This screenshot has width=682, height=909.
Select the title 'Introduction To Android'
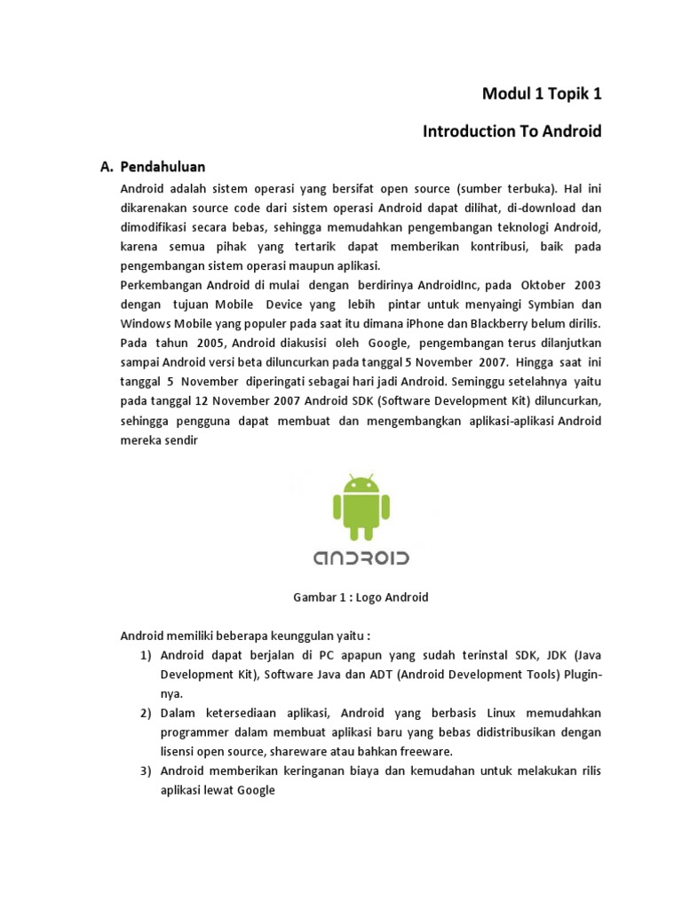512,131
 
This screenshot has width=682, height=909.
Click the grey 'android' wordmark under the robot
361,557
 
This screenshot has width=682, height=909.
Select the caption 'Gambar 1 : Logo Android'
361,597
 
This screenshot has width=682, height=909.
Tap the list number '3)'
146,771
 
